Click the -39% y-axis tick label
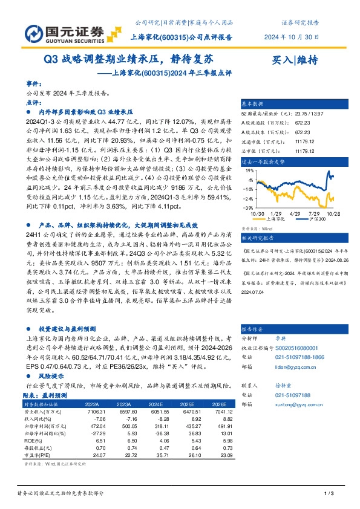(249, 206)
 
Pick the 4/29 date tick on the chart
(296, 213)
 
